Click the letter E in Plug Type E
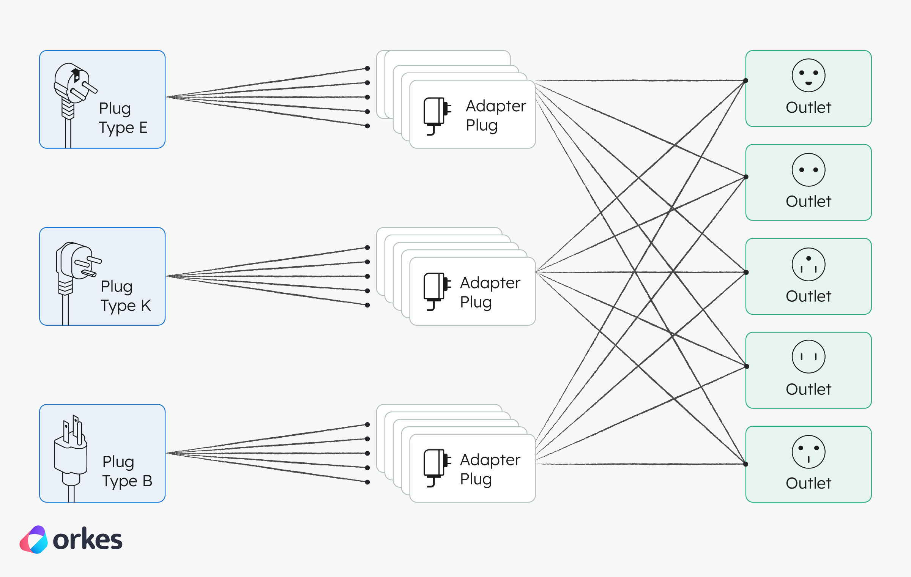click(143, 128)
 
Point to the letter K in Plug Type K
click(146, 306)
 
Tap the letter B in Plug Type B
click(147, 481)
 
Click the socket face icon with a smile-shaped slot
click(809, 75)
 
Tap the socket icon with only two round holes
click(809, 170)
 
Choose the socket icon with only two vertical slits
click(809, 357)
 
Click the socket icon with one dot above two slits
click(809, 264)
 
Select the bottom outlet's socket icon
click(809, 452)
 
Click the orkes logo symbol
click(34, 539)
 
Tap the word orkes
click(88, 539)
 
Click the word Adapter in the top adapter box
click(496, 106)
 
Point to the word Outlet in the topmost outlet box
click(809, 107)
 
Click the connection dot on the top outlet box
click(746, 80)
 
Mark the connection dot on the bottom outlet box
click(746, 464)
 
